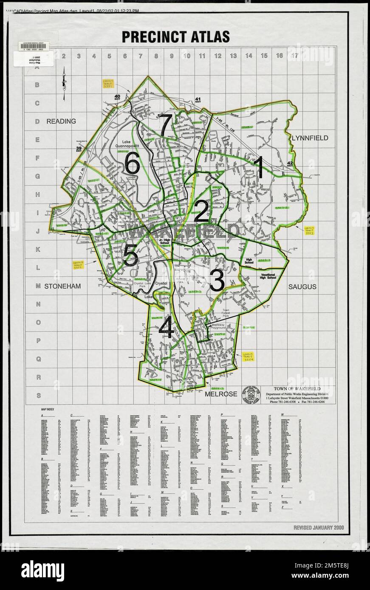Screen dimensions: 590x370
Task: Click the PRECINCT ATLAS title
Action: point(175,37)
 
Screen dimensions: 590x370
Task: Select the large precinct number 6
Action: point(132,163)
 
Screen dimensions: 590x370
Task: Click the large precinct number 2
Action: point(201,211)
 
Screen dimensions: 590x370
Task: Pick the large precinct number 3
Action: point(217,281)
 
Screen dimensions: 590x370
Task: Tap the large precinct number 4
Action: point(166,328)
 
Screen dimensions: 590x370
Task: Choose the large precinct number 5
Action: point(130,256)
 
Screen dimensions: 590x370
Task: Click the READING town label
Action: point(61,121)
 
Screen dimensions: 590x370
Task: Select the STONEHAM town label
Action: point(62,287)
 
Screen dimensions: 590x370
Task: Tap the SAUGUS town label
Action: point(302,287)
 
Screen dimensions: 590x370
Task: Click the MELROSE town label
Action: point(221,394)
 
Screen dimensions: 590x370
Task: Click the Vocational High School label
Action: point(271,277)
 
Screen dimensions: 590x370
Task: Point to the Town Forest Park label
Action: point(232,314)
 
